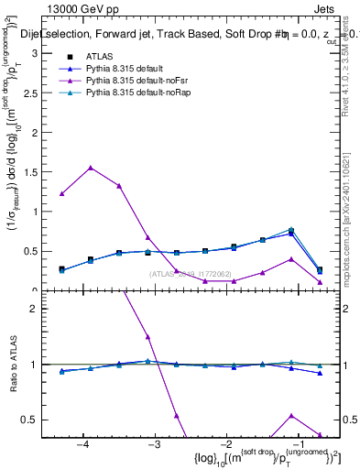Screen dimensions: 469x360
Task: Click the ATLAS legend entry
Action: [98, 57]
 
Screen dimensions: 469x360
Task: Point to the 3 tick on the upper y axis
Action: [38, 53]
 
